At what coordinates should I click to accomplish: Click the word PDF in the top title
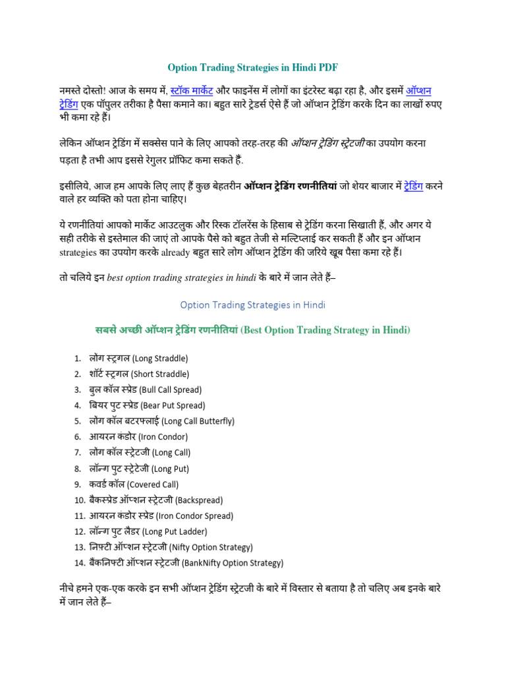[328, 67]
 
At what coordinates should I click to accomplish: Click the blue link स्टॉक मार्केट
[196, 90]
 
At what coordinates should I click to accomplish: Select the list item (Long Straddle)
[160, 359]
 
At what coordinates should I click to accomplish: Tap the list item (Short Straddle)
[162, 374]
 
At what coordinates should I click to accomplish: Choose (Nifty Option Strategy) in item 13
[211, 548]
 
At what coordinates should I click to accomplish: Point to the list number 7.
[78, 453]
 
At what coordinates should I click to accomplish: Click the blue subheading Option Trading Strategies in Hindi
[253, 305]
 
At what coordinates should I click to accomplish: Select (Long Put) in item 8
[170, 469]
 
